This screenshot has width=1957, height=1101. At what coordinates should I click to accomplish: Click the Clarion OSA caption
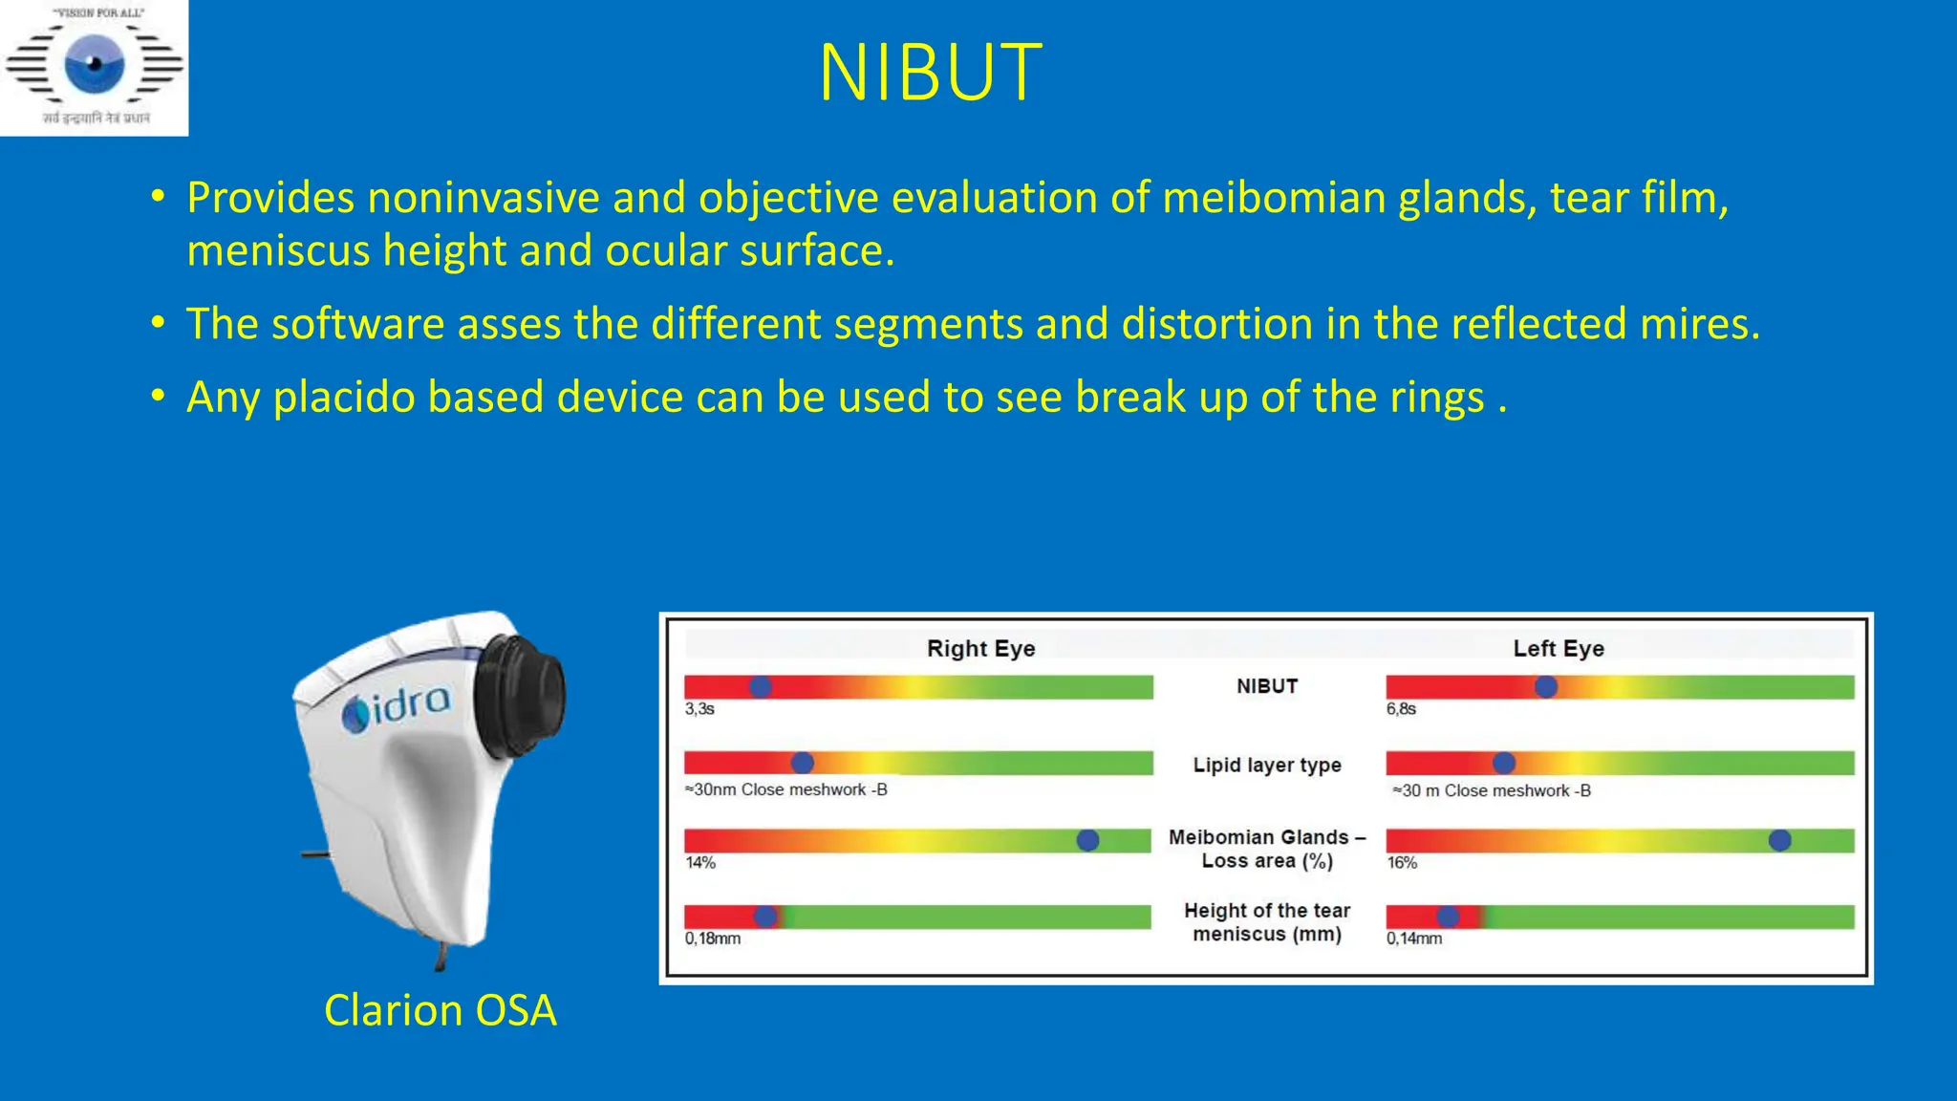coord(440,1010)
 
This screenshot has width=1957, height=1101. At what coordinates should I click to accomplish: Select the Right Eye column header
coord(980,648)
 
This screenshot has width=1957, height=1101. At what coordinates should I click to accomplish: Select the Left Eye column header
coord(1558,648)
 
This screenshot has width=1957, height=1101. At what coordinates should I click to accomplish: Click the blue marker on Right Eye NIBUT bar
coord(761,686)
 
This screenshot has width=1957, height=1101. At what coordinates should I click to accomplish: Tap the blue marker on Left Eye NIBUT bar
coord(1545,686)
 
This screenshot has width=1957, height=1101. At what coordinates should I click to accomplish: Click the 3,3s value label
coord(699,709)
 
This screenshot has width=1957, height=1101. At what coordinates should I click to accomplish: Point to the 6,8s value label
coord(1401,709)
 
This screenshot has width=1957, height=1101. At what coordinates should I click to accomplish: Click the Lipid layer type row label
coord(1267,765)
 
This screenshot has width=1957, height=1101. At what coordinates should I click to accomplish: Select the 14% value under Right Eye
coord(700,862)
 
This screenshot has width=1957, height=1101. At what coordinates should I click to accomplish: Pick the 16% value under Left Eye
coord(1402,862)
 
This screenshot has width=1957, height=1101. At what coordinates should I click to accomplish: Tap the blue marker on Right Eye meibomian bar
coord(1087,840)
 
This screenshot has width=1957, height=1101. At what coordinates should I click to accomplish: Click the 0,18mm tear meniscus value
coord(713,939)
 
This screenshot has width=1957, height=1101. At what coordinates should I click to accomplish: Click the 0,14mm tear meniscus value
coord(1414,939)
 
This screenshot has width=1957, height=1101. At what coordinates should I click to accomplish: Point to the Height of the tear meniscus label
coord(1267,922)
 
